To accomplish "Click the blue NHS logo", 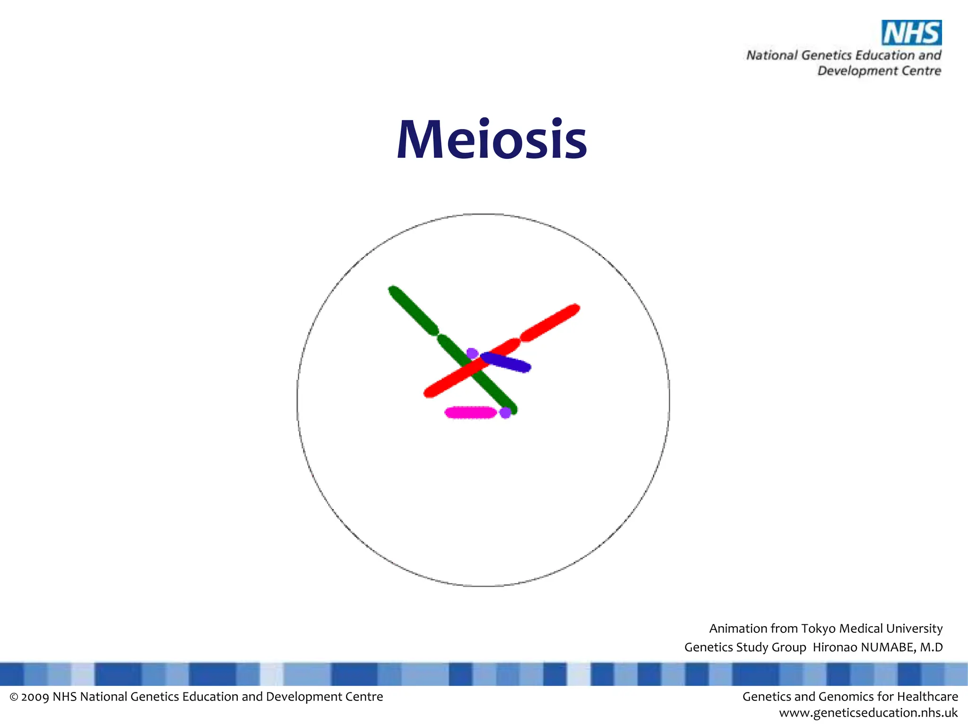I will click(x=911, y=33).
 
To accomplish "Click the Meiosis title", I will click(x=492, y=140).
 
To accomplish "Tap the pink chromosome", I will click(x=470, y=413).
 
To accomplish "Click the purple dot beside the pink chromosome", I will click(x=505, y=413).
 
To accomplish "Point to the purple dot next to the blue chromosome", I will click(x=472, y=353).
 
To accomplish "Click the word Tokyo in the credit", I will click(x=819, y=629).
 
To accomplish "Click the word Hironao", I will click(x=835, y=647).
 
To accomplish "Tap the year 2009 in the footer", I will click(x=35, y=697).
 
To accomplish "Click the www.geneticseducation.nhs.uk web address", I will click(x=868, y=713).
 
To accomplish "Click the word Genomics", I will click(x=849, y=697).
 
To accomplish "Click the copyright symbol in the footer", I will click(x=14, y=697).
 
